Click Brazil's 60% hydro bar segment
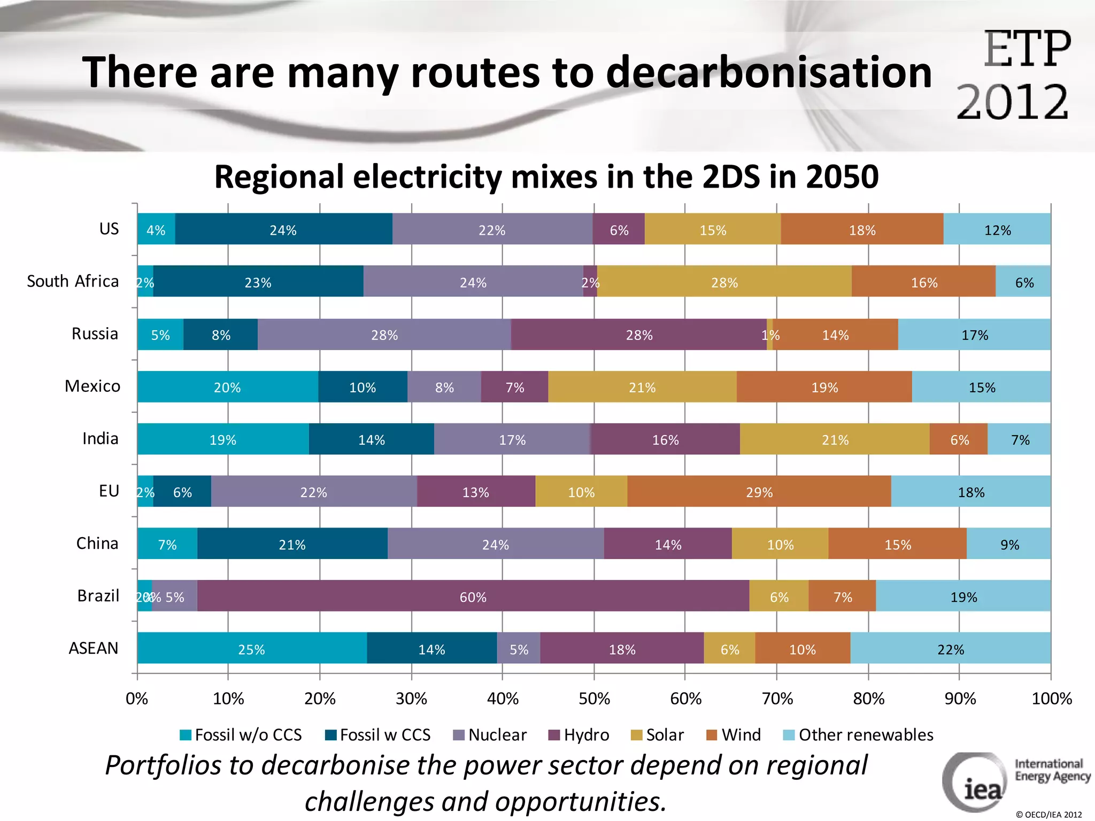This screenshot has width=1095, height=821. [473, 597]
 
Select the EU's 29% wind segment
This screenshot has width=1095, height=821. [759, 492]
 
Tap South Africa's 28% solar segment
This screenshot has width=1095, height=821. [724, 282]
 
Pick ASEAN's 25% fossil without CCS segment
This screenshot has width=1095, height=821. [251, 649]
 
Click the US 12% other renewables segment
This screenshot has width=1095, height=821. [997, 230]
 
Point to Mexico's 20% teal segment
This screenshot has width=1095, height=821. [227, 387]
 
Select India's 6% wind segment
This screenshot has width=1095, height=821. [959, 439]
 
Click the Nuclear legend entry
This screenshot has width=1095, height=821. [490, 735]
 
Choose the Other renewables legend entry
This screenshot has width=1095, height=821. [858, 735]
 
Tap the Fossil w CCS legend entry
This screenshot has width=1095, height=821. [378, 735]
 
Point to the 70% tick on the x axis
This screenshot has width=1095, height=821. [777, 699]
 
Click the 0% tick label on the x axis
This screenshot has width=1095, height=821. [137, 699]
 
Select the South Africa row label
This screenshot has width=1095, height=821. [73, 281]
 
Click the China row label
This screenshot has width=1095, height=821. [97, 543]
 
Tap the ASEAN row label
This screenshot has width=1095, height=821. [94, 648]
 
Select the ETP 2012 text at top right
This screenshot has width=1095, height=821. [1014, 75]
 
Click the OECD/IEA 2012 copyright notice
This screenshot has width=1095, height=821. [1048, 815]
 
